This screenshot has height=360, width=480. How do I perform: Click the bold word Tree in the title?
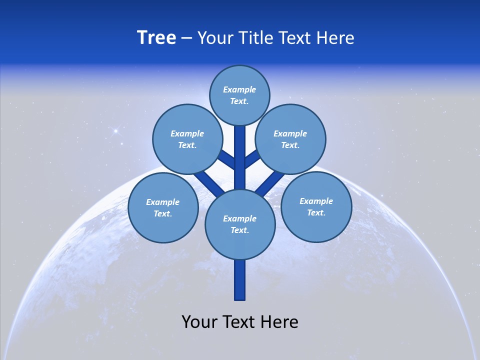[156, 38]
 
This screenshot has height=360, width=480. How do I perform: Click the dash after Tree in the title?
[186, 38]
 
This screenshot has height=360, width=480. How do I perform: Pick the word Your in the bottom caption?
[199, 322]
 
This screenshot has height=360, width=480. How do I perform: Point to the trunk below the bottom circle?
[240, 280]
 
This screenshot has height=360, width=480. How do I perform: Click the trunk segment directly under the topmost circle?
[240, 150]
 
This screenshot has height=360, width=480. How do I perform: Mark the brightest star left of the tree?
[115, 131]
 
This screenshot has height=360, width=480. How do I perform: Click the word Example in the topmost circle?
[239, 89]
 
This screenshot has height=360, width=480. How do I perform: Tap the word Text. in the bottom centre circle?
[239, 230]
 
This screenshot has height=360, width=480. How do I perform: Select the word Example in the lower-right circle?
[316, 201]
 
